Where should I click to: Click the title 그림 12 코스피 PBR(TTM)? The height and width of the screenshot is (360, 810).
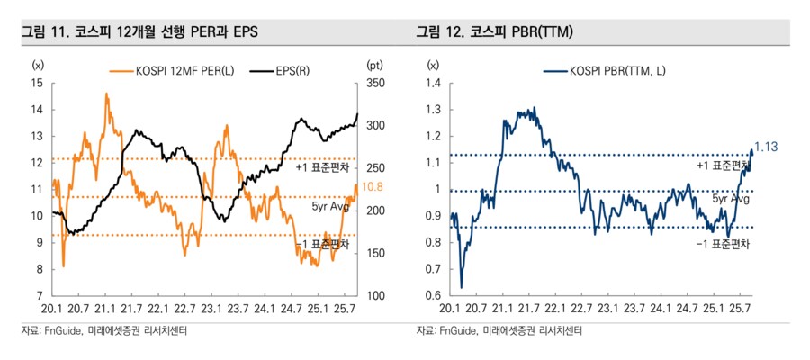click(x=495, y=32)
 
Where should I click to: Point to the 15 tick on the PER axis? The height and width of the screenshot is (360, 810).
click(x=37, y=83)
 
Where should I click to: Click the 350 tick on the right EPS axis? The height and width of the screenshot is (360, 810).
click(x=375, y=83)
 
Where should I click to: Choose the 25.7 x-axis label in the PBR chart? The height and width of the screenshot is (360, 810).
click(x=740, y=309)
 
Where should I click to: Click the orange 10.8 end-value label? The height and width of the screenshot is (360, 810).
click(x=372, y=187)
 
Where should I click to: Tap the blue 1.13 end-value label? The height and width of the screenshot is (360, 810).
click(x=766, y=148)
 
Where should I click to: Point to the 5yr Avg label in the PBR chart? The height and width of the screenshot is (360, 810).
click(x=731, y=199)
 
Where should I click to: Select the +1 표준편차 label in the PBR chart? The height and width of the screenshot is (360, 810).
click(x=723, y=166)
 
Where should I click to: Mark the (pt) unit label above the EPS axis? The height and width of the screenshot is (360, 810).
click(x=375, y=65)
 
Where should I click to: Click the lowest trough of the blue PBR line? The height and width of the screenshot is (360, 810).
click(x=462, y=287)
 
